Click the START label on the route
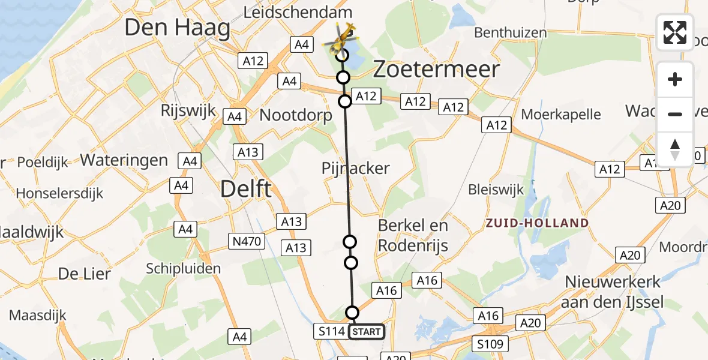(366, 331)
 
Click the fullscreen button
(675, 32)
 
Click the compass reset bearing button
(675, 149)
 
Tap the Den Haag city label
(177, 28)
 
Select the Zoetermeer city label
(436, 70)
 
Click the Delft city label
(246, 189)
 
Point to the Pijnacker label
(355, 168)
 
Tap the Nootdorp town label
(295, 115)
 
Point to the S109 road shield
(490, 344)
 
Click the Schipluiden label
(184, 268)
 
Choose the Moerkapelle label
(561, 114)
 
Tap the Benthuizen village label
(511, 33)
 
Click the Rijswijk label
(184, 111)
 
